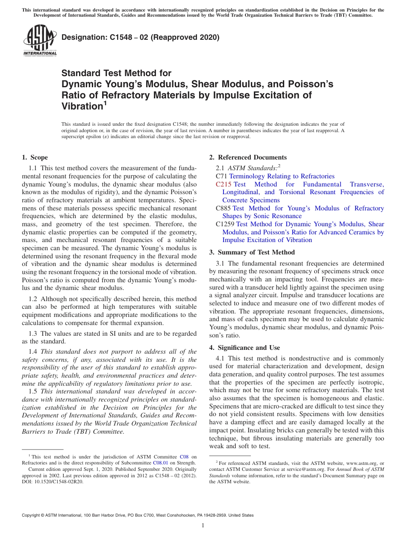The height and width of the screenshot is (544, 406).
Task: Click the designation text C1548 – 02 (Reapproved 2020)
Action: [x=141, y=38]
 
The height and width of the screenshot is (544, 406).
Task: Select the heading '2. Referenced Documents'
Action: [x=248, y=157]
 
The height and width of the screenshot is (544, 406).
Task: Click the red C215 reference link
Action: [x=224, y=184]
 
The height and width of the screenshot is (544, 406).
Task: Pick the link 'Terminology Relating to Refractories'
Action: [x=282, y=176]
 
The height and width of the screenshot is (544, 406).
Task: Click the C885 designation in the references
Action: [x=223, y=208]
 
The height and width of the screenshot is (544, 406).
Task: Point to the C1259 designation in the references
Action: [x=225, y=224]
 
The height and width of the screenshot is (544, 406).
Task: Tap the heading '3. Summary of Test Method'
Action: [x=252, y=252]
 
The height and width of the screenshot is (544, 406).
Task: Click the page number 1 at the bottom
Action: [x=203, y=526]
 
